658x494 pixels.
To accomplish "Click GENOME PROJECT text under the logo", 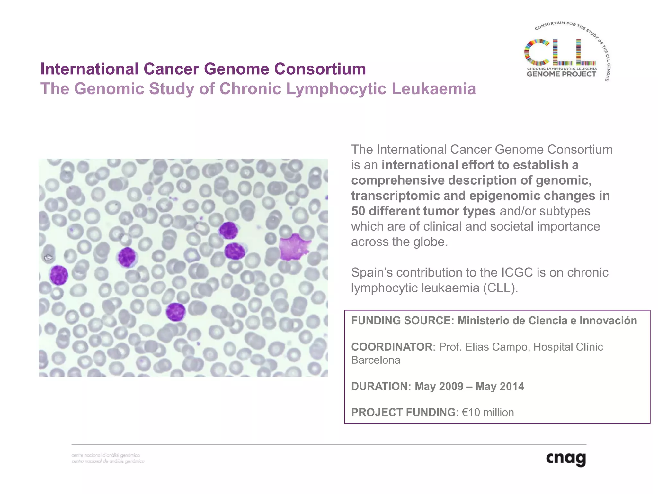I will pos(561,74).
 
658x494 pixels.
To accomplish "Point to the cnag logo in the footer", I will pos(566,459).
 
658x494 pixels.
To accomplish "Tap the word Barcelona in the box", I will pos(376,360).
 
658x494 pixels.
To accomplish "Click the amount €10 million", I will pos(488,412).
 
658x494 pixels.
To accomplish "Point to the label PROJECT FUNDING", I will pos(403,412).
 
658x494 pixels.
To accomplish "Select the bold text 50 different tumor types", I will pos(423,211).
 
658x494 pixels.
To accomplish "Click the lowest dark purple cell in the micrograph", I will pos(175,312).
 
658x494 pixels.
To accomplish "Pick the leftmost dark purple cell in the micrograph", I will pos(59,275).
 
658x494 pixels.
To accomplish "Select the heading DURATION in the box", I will pos(381,386).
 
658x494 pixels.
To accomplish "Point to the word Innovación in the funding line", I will pos(608,321).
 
